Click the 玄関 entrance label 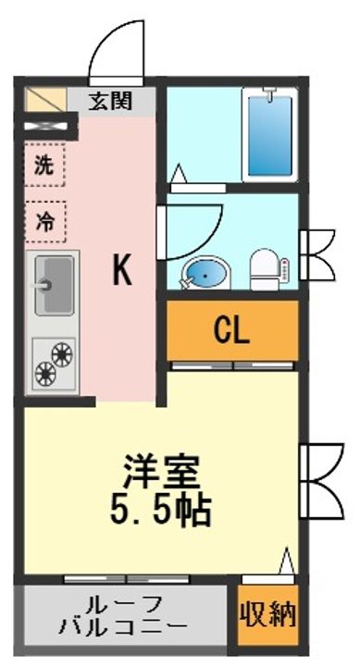(110, 101)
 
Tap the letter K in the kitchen (121, 270)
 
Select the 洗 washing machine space (44, 168)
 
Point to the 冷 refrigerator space (44, 222)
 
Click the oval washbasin (199, 272)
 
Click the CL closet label (231, 330)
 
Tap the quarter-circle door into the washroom (190, 231)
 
